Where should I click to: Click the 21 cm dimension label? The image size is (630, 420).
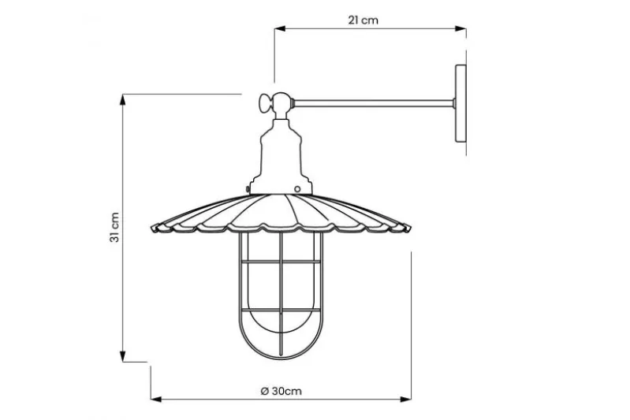pyautogui.click(x=363, y=20)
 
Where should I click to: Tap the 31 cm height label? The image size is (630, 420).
pyautogui.click(x=114, y=228)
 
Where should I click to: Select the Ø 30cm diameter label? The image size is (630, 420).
pyautogui.click(x=281, y=391)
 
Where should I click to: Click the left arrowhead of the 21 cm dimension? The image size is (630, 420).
pyautogui.click(x=280, y=28)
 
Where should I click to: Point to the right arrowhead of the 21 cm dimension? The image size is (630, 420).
pyautogui.click(x=460, y=28)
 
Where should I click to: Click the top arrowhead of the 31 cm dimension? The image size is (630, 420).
pyautogui.click(x=123, y=99)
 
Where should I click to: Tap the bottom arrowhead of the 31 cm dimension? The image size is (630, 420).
pyautogui.click(x=123, y=356)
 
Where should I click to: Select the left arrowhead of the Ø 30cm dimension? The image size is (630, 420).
pyautogui.click(x=156, y=400)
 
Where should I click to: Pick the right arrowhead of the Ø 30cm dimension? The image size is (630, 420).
pyautogui.click(x=406, y=400)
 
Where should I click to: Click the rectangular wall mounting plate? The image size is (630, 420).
pyautogui.click(x=460, y=103)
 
